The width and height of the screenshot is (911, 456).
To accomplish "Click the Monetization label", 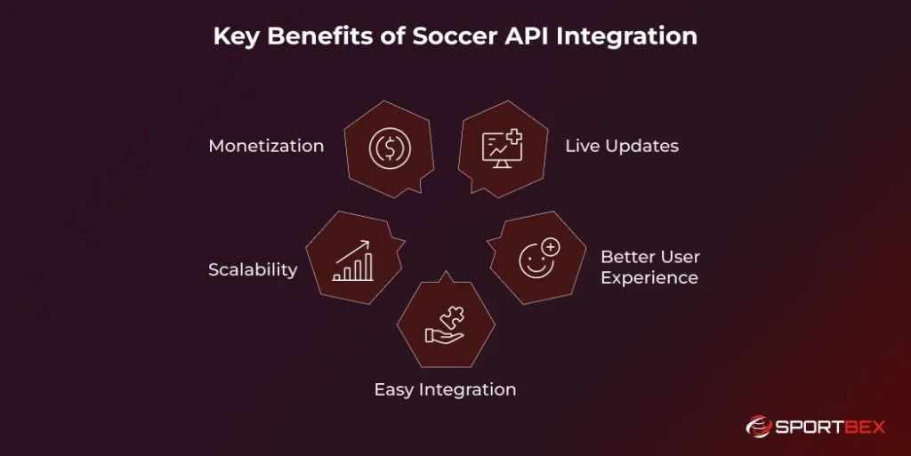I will pos(266,146).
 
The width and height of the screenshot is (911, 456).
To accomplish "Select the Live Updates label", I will pos(622,146).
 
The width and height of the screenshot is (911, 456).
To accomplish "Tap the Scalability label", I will pos(253,269).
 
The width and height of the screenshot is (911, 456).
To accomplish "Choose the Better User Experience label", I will pos(649,267).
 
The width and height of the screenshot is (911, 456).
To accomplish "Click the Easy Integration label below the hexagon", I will pos(445,389).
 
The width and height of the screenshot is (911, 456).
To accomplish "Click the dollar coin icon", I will pos(389,148).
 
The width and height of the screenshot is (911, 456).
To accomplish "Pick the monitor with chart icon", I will pos(501,148).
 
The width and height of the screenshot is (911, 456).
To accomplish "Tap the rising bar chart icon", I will pos(352,260).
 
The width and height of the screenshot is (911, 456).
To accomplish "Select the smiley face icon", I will pos(537,260).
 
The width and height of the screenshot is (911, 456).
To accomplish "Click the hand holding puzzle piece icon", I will pos(446,324).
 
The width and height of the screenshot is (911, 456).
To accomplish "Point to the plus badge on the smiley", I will pos(551,247).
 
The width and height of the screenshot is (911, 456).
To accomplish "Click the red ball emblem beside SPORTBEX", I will pos(757,428).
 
